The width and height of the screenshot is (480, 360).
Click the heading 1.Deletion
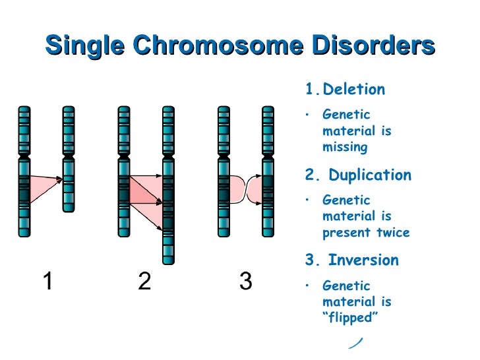[x=345, y=90]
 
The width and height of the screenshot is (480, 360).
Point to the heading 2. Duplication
[x=358, y=175]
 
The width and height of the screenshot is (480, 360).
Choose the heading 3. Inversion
[x=351, y=260]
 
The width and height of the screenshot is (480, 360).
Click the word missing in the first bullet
[x=345, y=147]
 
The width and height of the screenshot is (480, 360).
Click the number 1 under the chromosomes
[x=47, y=282]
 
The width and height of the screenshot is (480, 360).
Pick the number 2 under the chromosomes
[x=145, y=282]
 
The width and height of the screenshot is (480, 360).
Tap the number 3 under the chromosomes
[x=245, y=282]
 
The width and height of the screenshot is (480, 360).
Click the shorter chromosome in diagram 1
[x=69, y=159]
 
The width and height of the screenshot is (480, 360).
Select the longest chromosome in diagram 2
[x=168, y=185]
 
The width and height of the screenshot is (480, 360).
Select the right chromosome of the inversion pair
[x=268, y=171]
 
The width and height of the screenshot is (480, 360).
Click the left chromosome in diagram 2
[x=123, y=171]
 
